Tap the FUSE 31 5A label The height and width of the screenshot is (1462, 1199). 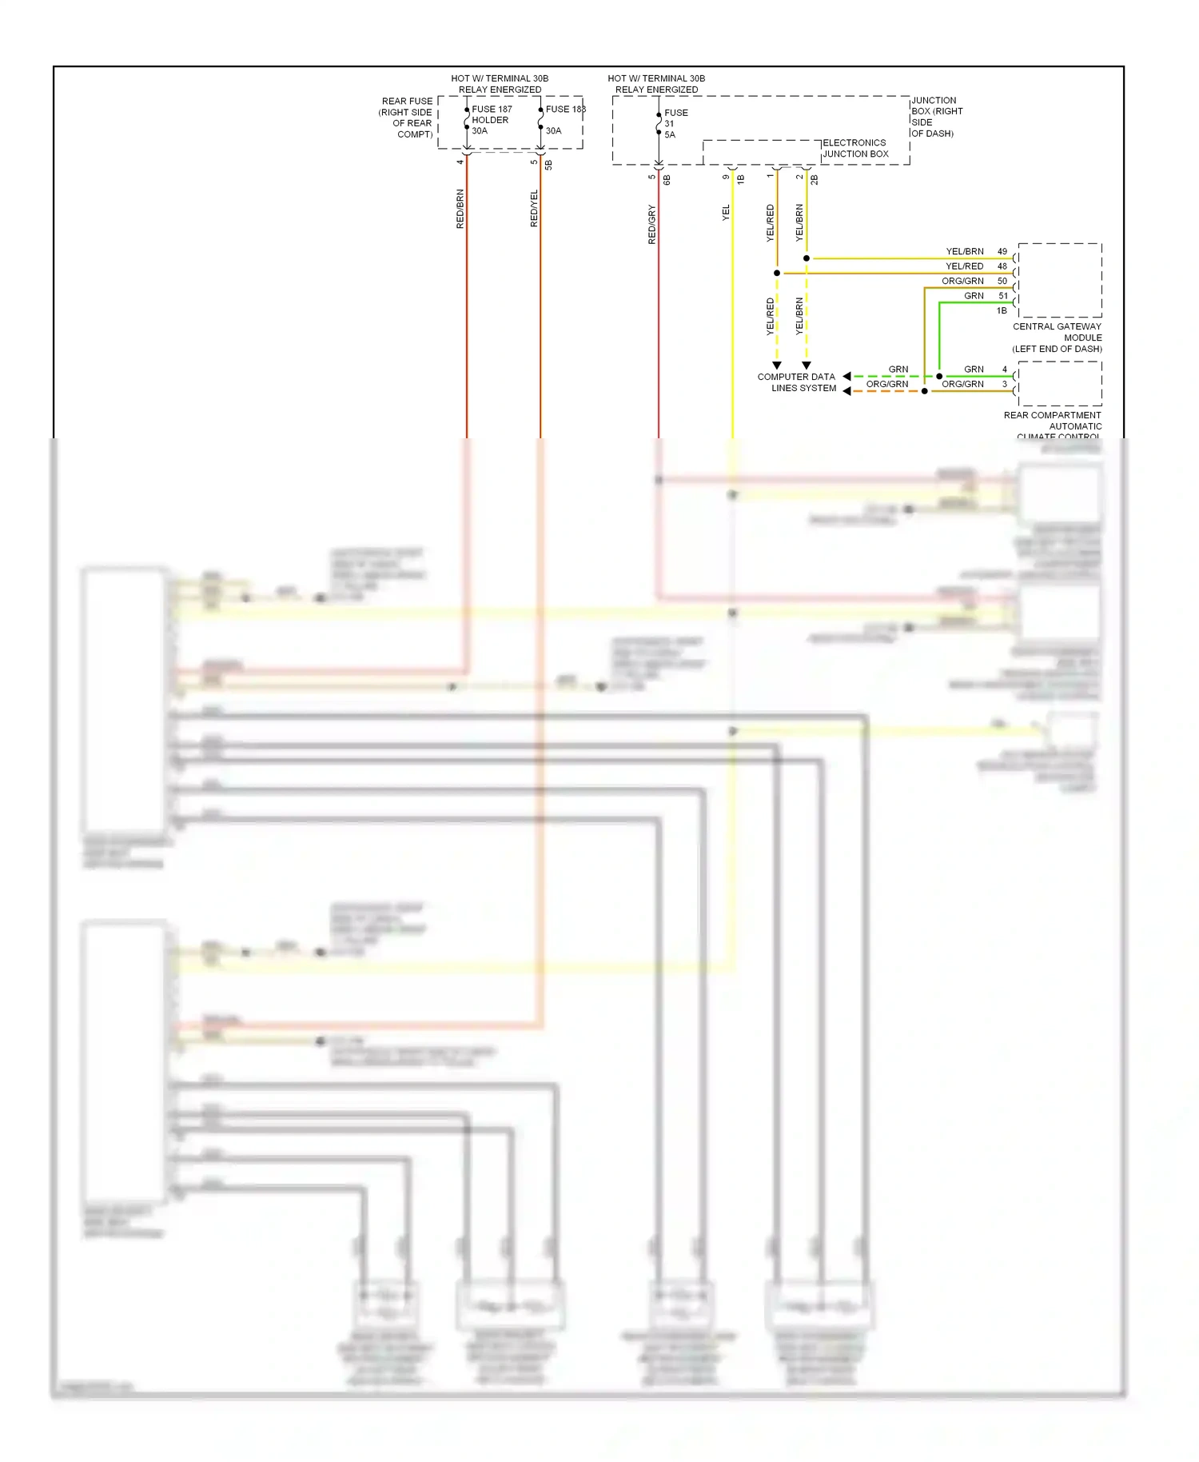tap(675, 124)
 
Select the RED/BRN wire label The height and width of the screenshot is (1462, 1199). tap(460, 209)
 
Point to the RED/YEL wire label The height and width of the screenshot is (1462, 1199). tap(534, 208)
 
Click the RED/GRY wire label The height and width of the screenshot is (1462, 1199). tap(651, 224)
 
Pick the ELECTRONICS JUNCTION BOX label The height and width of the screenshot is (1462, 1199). tap(855, 148)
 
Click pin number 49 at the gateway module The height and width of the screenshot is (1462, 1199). tap(1002, 251)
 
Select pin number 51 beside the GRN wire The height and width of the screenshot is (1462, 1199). tap(1002, 296)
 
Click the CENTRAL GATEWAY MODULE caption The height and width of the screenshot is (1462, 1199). tap(1057, 338)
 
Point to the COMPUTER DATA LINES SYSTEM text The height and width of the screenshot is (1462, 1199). tap(797, 382)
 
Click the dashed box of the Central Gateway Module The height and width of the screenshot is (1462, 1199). tap(1059, 280)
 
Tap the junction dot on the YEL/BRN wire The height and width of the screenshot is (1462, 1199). tap(807, 258)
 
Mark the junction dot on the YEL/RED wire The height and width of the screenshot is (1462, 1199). tap(777, 273)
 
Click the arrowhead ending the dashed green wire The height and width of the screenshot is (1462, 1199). tap(846, 376)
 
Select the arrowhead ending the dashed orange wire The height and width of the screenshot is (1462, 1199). tap(846, 391)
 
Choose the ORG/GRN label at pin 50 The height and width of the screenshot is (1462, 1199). tap(962, 281)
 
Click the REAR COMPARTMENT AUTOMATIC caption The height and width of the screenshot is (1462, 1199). tap(1053, 421)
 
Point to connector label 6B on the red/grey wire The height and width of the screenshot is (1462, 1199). tap(667, 180)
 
